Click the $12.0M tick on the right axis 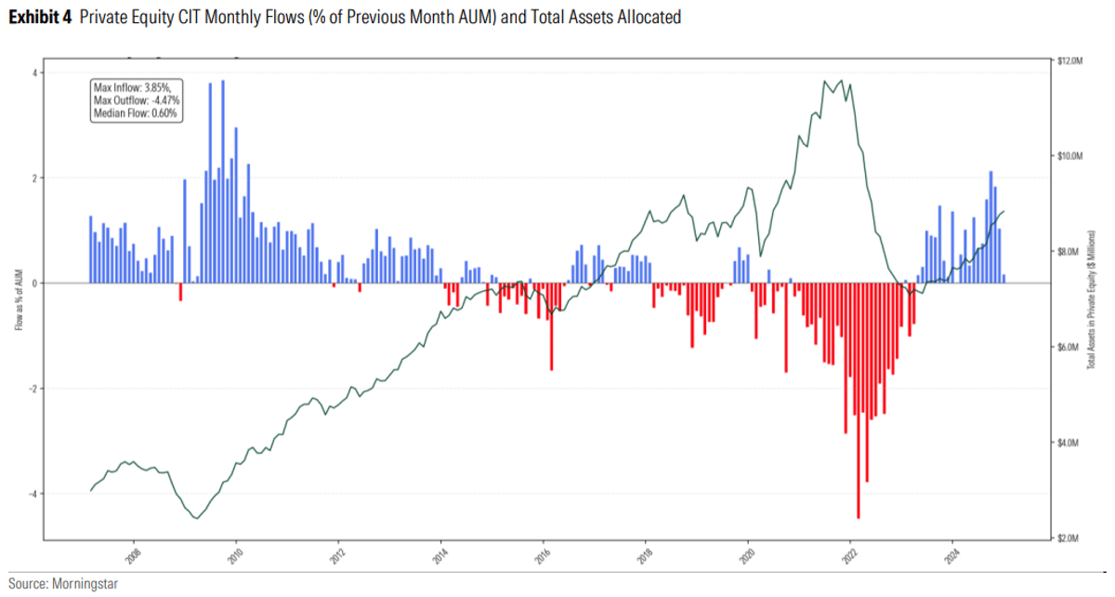pos(1070,60)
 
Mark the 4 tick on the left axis pos(34,73)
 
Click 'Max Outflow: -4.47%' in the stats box pos(137,99)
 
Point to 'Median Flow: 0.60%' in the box pos(136,113)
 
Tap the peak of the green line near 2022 pos(842,80)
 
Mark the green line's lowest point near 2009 pos(195,518)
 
